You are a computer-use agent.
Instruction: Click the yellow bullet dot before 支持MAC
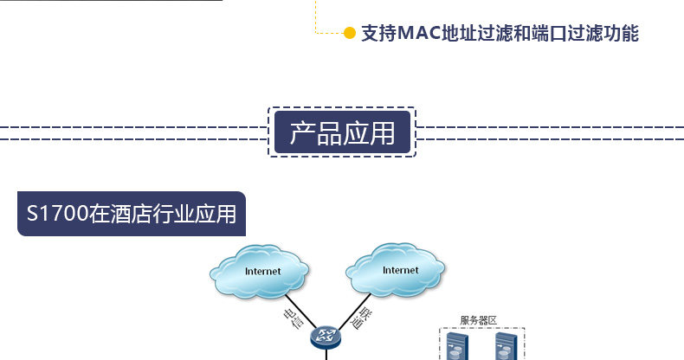click(350, 33)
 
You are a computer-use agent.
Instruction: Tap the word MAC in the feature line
click(419, 33)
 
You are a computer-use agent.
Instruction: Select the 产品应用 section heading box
click(343, 132)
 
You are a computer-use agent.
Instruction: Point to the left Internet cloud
click(260, 272)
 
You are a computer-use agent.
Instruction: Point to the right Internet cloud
click(395, 270)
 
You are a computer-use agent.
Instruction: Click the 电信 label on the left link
click(294, 318)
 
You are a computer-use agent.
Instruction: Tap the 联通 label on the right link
click(362, 318)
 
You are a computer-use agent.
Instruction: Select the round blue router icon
click(326, 337)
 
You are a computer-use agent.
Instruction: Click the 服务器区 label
click(479, 321)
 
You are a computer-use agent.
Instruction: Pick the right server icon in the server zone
click(506, 346)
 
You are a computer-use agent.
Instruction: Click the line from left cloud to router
click(301, 312)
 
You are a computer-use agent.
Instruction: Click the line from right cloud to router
click(354, 312)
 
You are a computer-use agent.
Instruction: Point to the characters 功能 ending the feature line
click(621, 33)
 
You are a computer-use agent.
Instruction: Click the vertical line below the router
click(326, 354)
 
